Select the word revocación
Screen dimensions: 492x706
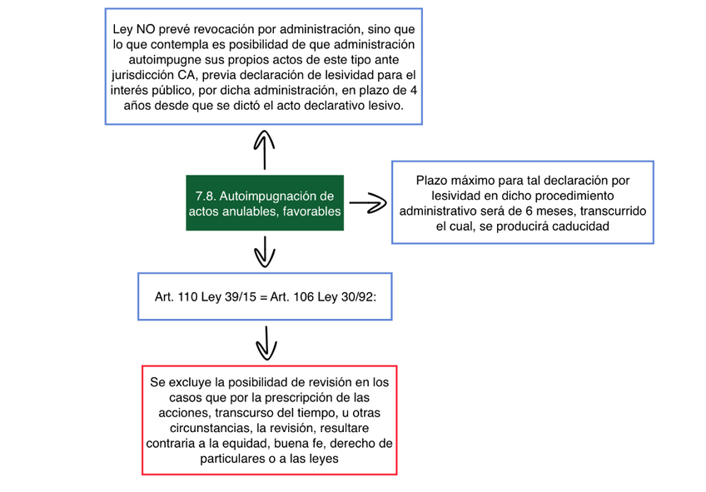pos(213,28)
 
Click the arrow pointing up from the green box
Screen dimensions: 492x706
pos(264,149)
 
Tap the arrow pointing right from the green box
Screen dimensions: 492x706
pos(367,202)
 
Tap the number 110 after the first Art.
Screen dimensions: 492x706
pos(188,296)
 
